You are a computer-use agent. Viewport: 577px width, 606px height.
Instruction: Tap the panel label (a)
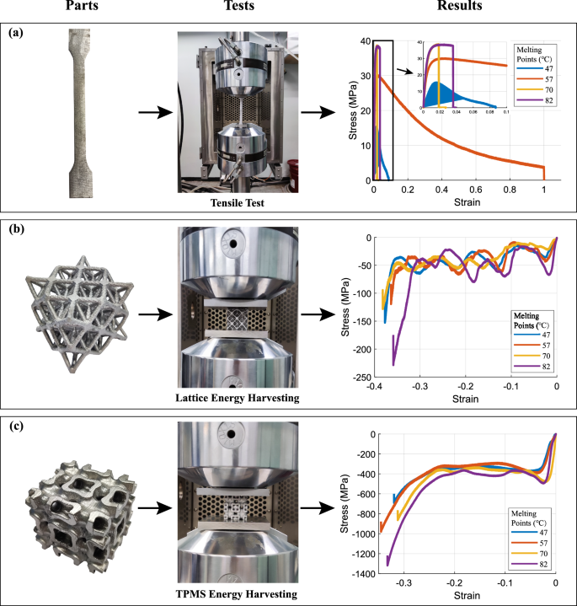[17, 35]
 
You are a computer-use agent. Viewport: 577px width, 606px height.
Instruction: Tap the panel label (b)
[17, 228]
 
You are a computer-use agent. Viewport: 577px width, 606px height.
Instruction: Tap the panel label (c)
[17, 425]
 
